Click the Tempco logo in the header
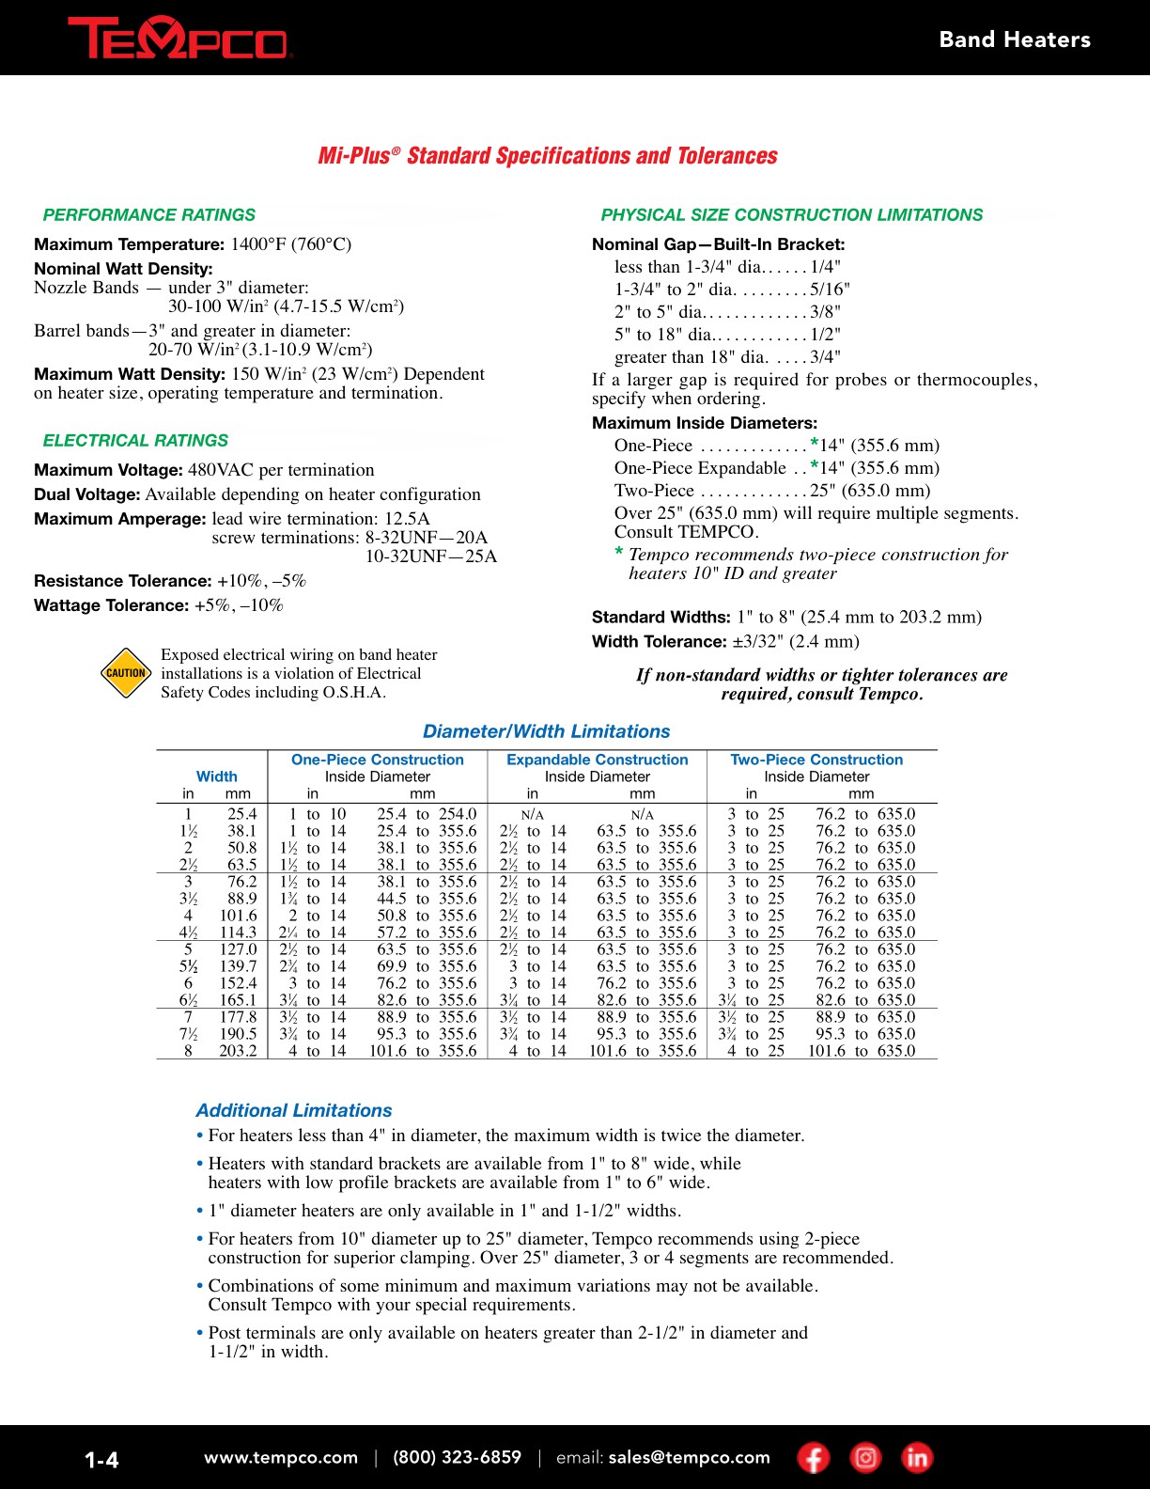point(179,39)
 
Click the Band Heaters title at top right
point(1015,39)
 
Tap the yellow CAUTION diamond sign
point(126,673)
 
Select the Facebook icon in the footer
point(814,1458)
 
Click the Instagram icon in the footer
point(865,1458)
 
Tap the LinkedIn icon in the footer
point(917,1458)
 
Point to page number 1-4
point(101,1460)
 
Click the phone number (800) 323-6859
point(457,1457)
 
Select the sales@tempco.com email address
point(689,1457)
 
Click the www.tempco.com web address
point(281,1457)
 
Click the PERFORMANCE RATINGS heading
point(149,214)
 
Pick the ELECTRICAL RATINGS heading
point(135,440)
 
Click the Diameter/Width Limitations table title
point(546,731)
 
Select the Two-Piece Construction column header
point(816,760)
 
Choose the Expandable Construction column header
point(597,760)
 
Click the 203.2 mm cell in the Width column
point(238,1051)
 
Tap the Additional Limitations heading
point(294,1110)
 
